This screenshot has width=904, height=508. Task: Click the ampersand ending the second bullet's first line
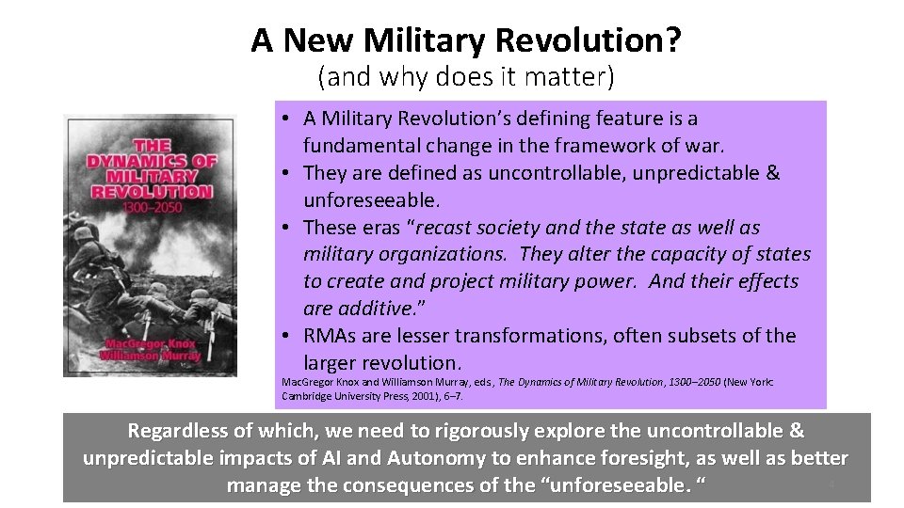click(773, 173)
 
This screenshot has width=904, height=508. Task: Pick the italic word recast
click(445, 228)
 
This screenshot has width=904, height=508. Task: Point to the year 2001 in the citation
click(426, 396)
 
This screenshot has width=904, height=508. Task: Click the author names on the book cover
click(151, 349)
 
